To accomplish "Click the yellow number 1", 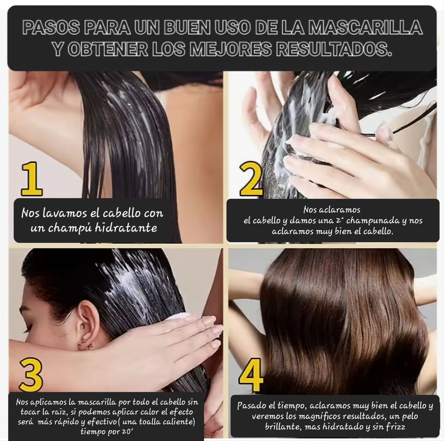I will (x=32, y=179).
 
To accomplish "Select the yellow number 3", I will (x=31, y=375).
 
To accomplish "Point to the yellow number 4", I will (x=251, y=375).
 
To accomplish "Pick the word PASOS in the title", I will (x=50, y=28).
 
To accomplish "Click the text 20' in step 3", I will (x=126, y=432).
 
